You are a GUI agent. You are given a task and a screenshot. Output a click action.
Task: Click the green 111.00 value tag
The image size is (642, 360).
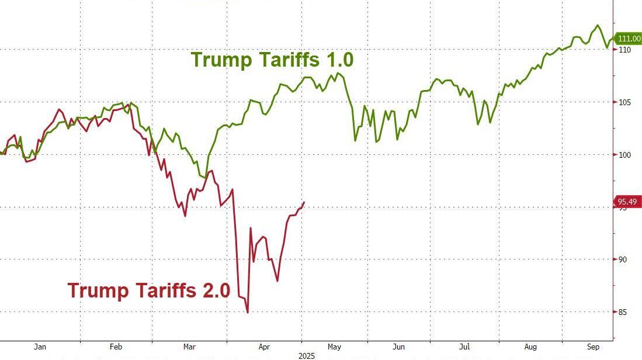click(629, 39)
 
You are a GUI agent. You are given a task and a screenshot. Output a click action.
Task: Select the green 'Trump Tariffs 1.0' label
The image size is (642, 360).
click(272, 60)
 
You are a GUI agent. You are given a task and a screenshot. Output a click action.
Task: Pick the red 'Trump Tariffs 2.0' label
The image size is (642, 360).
click(148, 290)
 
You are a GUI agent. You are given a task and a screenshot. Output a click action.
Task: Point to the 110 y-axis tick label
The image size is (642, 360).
click(624, 50)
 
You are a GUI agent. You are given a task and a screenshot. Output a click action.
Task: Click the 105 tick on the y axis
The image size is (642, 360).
click(624, 103)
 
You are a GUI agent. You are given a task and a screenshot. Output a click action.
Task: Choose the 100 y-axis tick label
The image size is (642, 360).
click(624, 155)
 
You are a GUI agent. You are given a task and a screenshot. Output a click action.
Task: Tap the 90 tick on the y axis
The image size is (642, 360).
click(623, 259)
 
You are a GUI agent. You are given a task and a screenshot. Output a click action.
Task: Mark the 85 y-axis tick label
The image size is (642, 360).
click(623, 312)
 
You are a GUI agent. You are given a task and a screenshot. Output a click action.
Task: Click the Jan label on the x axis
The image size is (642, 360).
click(40, 347)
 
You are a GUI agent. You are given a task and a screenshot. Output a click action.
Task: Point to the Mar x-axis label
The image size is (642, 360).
click(189, 347)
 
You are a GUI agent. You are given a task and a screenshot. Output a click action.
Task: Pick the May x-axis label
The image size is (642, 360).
click(335, 347)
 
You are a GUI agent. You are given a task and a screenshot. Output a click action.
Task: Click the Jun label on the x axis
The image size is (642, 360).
click(398, 347)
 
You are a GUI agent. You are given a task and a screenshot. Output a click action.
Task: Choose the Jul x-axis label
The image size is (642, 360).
click(465, 347)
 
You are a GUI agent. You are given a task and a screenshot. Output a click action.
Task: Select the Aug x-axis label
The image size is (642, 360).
click(530, 347)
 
